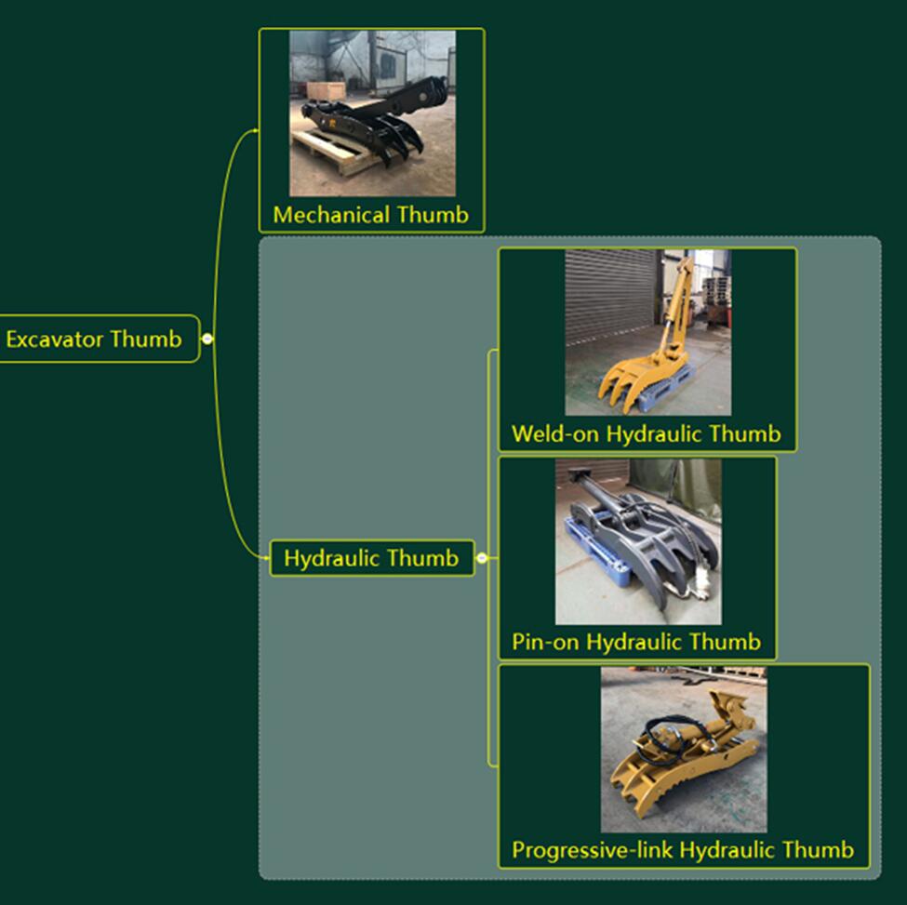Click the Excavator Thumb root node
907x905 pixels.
pyautogui.click(x=94, y=339)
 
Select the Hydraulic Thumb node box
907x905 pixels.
pyautogui.click(x=371, y=558)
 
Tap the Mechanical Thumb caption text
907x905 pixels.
pyautogui.click(x=370, y=215)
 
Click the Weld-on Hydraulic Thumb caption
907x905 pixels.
pyautogui.click(x=646, y=433)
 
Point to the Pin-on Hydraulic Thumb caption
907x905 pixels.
pyautogui.click(x=636, y=642)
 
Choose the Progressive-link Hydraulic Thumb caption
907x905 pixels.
pyautogui.click(x=683, y=849)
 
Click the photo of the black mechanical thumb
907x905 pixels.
pyautogui.click(x=372, y=113)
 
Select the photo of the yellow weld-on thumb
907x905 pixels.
pyautogui.click(x=647, y=332)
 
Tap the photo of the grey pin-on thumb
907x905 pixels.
pyautogui.click(x=638, y=541)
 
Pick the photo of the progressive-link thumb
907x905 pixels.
pyautogui.click(x=684, y=749)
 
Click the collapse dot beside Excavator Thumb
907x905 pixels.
pyautogui.click(x=207, y=339)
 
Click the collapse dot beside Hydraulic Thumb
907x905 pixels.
pyautogui.click(x=482, y=558)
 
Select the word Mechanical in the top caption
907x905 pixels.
pyautogui.click(x=331, y=215)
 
